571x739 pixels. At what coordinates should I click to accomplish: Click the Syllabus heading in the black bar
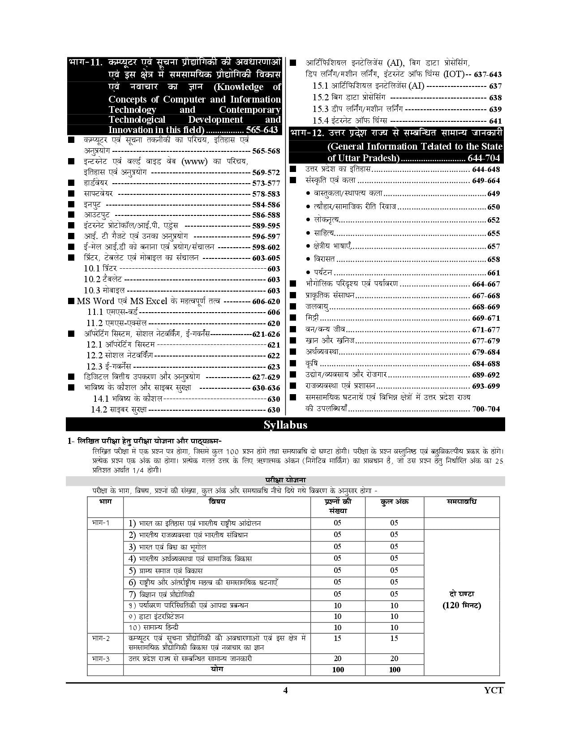[285, 425]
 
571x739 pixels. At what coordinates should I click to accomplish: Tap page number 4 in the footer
[285, 690]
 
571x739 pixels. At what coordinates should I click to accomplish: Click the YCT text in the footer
[494, 690]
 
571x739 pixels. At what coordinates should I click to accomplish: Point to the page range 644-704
[484, 158]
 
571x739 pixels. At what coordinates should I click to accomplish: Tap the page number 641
[495, 121]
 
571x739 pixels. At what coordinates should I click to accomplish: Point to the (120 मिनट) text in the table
[462, 606]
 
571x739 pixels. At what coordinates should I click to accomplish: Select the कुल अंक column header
[394, 502]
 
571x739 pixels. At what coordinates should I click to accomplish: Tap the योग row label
[217, 669]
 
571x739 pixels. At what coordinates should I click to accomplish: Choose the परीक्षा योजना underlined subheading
[285, 481]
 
